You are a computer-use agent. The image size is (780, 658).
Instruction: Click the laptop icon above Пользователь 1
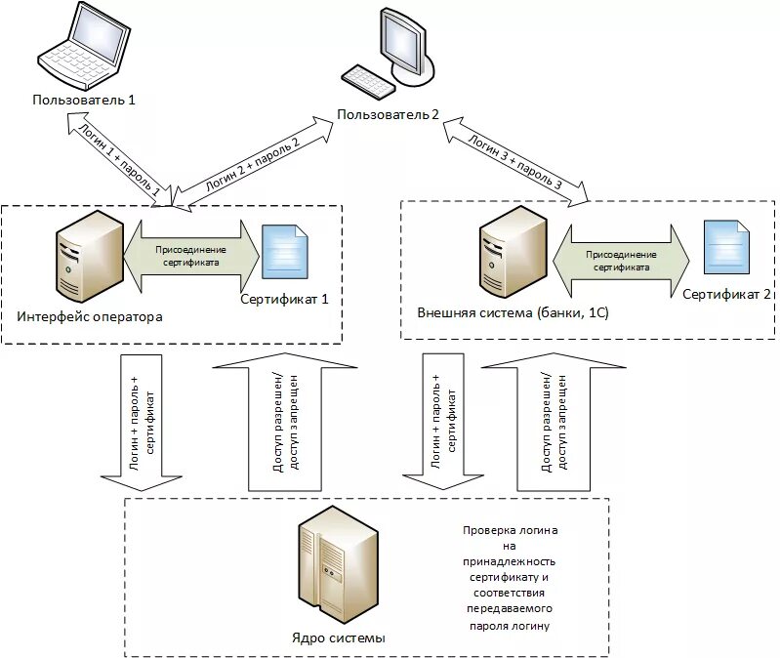click(84, 47)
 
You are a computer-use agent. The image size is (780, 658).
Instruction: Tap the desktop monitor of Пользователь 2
click(407, 46)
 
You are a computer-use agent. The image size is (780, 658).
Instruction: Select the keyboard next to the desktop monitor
click(368, 82)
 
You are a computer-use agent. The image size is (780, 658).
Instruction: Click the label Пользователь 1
click(84, 100)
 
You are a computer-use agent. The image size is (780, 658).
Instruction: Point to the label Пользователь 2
click(388, 115)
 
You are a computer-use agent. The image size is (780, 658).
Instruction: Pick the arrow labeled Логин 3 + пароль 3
click(515, 162)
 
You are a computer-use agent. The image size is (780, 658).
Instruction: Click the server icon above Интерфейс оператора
click(90, 256)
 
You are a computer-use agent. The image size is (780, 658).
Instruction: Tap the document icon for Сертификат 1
click(284, 252)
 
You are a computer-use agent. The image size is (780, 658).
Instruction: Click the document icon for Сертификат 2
click(726, 247)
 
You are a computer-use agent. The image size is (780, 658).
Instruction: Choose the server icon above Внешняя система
click(513, 252)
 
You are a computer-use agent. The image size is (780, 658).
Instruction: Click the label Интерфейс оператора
click(90, 317)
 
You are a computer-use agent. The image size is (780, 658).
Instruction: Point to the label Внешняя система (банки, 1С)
click(513, 312)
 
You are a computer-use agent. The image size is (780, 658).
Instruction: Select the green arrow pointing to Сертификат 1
click(191, 256)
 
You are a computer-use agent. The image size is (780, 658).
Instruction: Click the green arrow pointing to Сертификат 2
click(621, 261)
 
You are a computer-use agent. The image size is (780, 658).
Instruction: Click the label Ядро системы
click(339, 638)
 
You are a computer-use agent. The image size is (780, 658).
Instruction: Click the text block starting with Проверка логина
click(510, 577)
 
